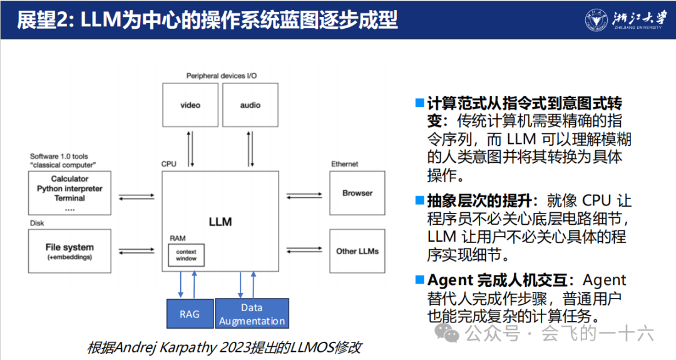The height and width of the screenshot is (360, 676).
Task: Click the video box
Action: point(190,105)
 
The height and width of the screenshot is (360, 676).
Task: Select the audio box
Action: point(250,105)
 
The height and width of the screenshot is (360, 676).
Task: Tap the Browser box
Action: point(357,193)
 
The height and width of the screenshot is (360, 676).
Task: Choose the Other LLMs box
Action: point(357,250)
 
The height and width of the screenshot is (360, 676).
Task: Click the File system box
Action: point(69,250)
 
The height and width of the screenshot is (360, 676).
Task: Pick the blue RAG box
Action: point(190,314)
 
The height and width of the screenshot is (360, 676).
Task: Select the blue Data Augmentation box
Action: point(252,314)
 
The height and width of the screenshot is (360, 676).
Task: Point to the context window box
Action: point(186,254)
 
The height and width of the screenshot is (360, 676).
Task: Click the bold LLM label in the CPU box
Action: point(220,222)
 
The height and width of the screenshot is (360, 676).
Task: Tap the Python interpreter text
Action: point(69,188)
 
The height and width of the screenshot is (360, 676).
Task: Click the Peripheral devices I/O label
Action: point(222,76)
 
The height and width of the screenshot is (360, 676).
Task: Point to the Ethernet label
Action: point(344,164)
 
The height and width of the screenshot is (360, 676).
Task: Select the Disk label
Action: point(37,223)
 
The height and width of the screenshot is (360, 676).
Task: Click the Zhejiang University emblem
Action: point(596,19)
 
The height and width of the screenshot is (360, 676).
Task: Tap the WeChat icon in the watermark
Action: point(448,333)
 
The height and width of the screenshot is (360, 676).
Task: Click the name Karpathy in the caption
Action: point(195,347)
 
